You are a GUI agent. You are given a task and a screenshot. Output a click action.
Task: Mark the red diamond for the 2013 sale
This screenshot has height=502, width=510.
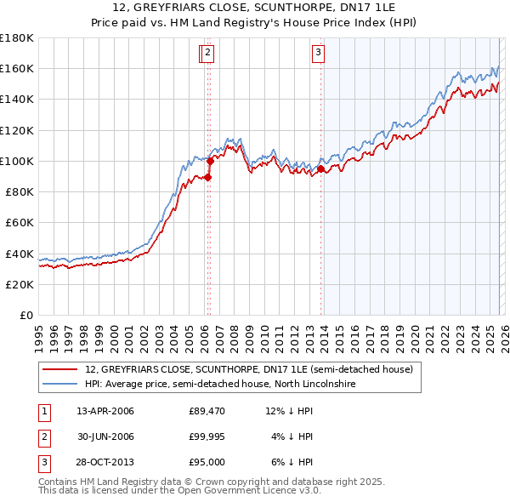pos(321,168)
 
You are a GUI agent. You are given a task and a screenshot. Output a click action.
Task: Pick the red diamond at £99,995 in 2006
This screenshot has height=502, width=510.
pos(210,161)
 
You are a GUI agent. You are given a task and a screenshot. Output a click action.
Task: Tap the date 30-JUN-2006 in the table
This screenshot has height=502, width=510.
pos(105,436)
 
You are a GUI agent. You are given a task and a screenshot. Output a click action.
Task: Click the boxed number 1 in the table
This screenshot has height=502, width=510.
pos(44,412)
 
